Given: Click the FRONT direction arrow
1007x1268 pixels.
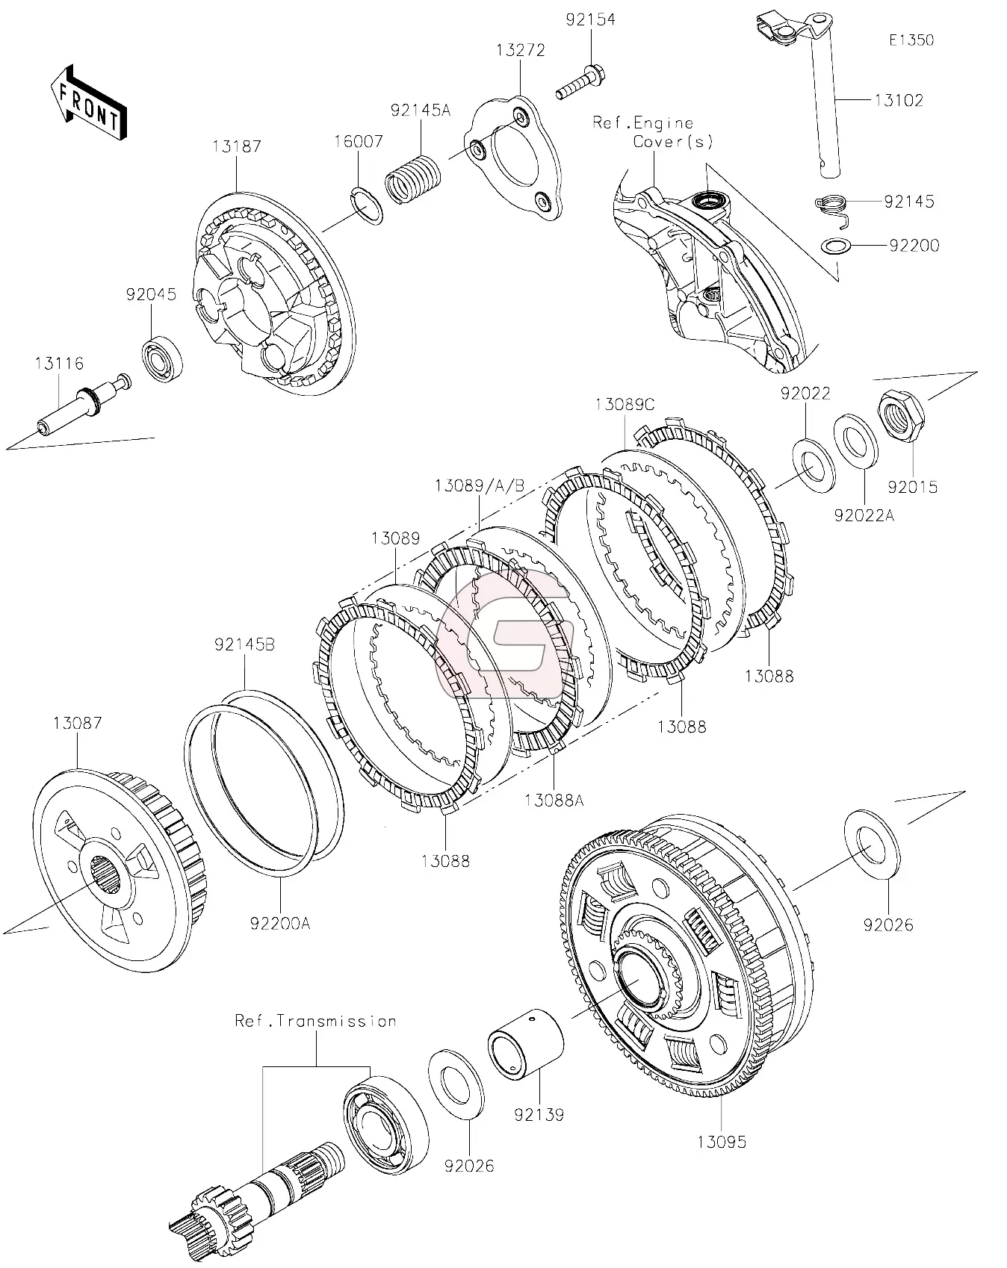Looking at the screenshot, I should tap(88, 102).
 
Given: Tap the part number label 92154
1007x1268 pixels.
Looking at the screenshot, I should tap(590, 19).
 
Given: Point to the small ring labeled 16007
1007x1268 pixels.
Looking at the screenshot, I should tap(366, 207).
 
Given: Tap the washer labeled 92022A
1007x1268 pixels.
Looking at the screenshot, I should tap(856, 443).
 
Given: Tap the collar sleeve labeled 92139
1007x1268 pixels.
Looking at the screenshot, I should tap(525, 1045).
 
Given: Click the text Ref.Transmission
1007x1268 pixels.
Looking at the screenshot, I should tap(315, 1021).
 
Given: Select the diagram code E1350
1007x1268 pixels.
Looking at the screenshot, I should tap(911, 40).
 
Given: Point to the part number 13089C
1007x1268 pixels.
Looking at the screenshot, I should tap(625, 404).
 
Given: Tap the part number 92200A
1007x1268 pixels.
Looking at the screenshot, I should tap(280, 924).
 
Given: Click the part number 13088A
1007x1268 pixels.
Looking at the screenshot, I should tap(554, 801).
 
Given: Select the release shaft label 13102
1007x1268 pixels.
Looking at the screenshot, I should tap(899, 100).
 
